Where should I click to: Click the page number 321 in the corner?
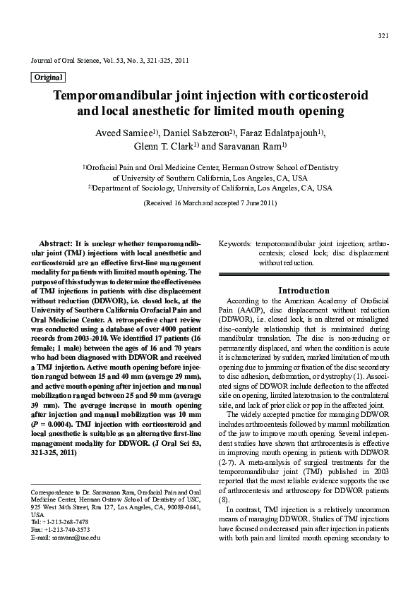pos(383,36)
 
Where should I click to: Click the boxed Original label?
pos(48,77)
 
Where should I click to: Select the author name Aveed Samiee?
pos(130,133)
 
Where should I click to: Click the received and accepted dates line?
pos(210,203)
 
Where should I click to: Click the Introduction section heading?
pos(304,290)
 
